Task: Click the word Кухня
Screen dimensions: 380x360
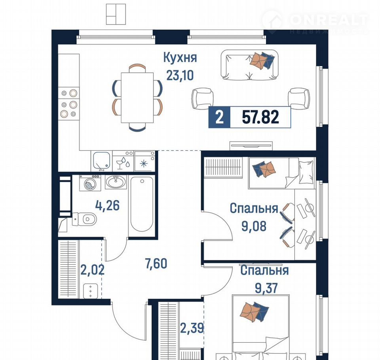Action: pos(180,58)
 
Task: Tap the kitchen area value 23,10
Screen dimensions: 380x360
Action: pos(180,75)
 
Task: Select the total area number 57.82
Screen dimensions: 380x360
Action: pos(260,117)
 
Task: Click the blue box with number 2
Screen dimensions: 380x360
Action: pos(219,117)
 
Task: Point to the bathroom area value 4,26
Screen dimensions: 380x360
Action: pos(107,206)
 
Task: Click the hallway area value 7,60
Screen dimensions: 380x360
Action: pos(156,263)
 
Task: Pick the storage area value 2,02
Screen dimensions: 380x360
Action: pos(92,270)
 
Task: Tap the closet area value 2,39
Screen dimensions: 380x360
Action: pos(192,328)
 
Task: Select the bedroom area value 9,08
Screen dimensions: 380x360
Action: pos(254,226)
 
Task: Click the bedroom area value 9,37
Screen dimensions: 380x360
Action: pos(266,288)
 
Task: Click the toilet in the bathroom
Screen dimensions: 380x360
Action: pos(84,219)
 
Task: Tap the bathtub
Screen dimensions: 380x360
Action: pos(142,204)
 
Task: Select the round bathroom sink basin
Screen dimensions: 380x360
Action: pos(116,182)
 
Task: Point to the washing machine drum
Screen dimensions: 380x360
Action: pos(90,184)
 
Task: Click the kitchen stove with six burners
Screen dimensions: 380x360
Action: pos(69,103)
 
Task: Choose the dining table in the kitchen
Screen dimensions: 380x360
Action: pos(137,98)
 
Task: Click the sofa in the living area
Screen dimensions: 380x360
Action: pos(250,65)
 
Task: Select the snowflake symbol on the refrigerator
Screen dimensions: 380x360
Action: pos(144,164)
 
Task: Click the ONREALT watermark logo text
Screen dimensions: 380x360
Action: pos(329,20)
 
